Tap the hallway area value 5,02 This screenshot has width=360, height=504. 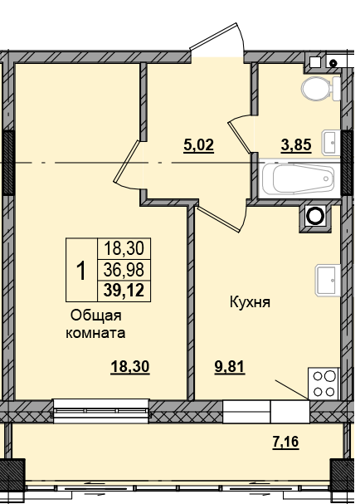pos(198,146)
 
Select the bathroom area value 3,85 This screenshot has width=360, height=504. pos(297,146)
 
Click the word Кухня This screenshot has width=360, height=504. pos(251,303)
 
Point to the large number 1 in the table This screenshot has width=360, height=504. pos(80,269)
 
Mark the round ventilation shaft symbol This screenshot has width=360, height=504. pos(314,217)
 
